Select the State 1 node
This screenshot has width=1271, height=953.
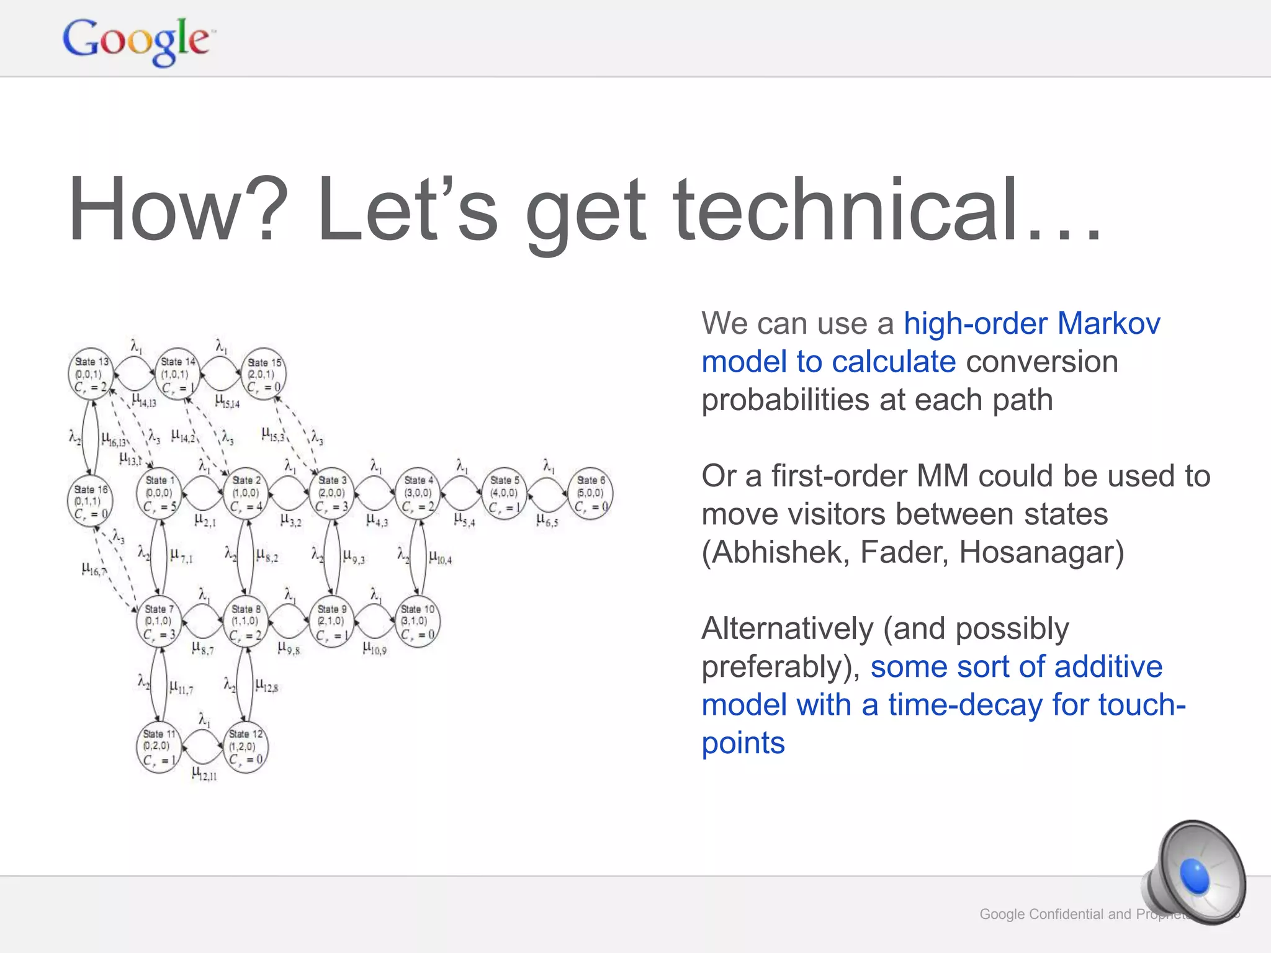coord(159,493)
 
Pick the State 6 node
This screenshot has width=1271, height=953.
coord(590,493)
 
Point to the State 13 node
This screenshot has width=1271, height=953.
coord(91,374)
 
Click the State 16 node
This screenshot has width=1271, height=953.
coord(91,502)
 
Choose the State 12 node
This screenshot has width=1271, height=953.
coord(246,746)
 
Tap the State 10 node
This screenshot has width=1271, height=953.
coord(418,621)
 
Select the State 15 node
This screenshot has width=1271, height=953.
coord(264,374)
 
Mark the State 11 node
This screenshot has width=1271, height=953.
coord(159,746)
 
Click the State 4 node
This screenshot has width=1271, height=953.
coord(418,493)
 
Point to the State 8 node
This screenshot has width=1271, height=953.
coord(246,621)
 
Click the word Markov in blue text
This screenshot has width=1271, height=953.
coord(1108,323)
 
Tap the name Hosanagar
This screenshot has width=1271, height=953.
coord(1041,552)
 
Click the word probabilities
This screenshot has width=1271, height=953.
coord(785,400)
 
